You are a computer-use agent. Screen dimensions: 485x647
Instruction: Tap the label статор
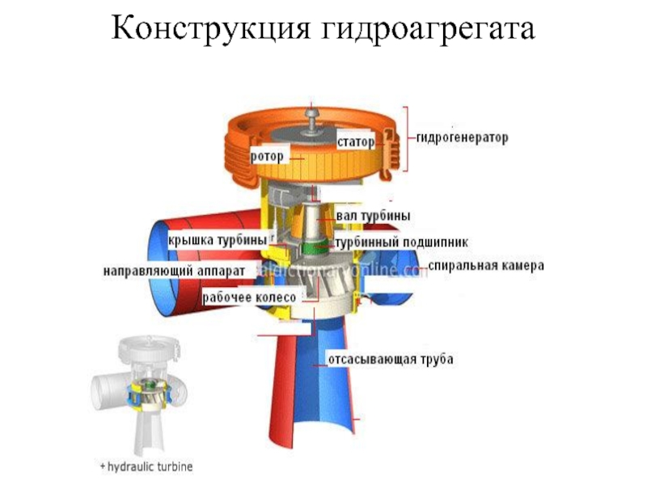pos(356,142)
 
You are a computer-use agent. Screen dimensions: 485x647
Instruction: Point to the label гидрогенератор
pos(463,138)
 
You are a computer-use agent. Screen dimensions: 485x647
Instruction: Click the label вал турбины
pos(373,216)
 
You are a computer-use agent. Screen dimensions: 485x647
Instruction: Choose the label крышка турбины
pos(217,241)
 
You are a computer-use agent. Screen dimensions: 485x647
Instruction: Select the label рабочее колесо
pos(243,297)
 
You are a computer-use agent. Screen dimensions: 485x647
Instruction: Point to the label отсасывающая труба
pos(389,358)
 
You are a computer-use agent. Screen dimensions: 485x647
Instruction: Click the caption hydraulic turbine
pos(146,467)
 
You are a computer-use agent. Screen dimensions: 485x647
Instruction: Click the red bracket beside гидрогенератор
pos(407,138)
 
